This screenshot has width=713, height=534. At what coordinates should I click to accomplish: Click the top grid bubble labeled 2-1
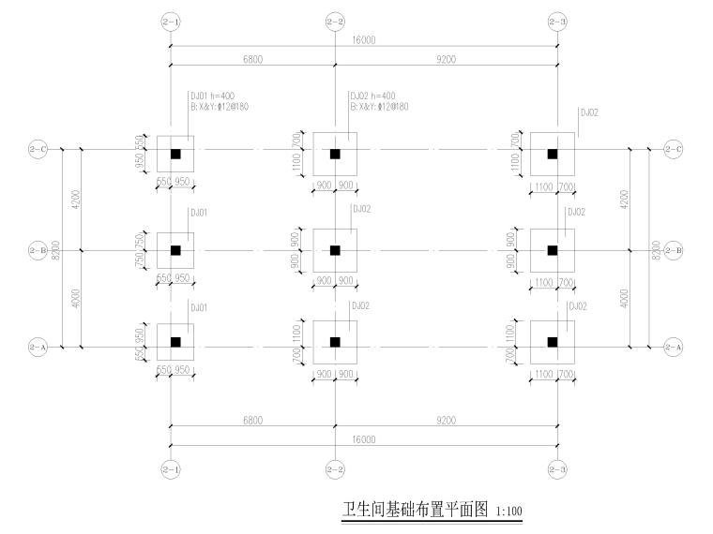(x=170, y=21)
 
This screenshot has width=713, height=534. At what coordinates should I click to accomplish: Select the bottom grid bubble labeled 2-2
(x=335, y=469)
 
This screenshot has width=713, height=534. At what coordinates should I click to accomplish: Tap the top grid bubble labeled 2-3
(x=559, y=21)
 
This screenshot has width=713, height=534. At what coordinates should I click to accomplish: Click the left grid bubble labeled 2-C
(x=38, y=148)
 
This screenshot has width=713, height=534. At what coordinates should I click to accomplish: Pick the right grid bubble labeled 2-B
(x=673, y=250)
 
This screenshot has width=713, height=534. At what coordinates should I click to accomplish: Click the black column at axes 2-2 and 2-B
(x=335, y=250)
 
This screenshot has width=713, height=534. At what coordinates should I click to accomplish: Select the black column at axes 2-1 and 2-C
(x=175, y=154)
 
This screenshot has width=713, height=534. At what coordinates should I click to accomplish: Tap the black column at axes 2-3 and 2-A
(x=553, y=342)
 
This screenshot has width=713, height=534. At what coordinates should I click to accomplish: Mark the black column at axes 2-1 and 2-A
(x=175, y=342)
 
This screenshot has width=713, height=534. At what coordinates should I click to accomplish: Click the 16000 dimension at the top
(x=364, y=41)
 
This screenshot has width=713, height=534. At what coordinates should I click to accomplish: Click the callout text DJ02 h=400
(x=373, y=96)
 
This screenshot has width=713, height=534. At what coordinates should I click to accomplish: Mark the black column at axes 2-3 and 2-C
(x=553, y=154)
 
